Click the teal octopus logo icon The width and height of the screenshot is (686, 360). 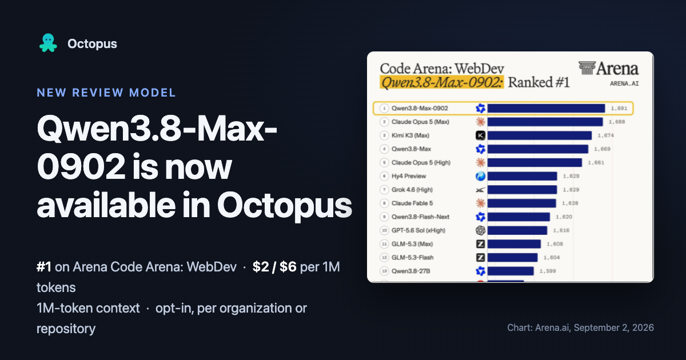tap(48, 43)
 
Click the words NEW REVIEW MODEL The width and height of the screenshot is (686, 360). tap(106, 93)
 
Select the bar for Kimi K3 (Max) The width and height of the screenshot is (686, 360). tap(540, 135)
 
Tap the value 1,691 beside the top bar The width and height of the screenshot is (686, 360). tap(619, 109)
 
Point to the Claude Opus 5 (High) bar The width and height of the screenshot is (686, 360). tap(535, 162)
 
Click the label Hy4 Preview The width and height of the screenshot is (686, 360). tap(409, 176)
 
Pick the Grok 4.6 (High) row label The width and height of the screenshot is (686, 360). tap(412, 190)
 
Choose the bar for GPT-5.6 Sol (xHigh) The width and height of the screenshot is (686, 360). tap(517, 230)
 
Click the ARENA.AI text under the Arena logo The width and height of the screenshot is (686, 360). tap(624, 83)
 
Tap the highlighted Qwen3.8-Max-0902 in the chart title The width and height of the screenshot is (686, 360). tap(441, 82)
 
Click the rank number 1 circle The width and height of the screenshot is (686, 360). tap(384, 109)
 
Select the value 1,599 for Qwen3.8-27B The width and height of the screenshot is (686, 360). tap(548, 271)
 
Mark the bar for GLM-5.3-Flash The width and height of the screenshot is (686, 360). tap(513, 258)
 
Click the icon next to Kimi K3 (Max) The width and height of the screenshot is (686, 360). tap(480, 135)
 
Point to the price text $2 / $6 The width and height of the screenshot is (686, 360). tap(274, 267)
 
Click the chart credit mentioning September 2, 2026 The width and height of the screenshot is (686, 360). tap(580, 327)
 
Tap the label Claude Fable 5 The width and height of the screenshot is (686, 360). tap(412, 203)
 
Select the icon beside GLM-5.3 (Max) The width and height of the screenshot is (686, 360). tap(480, 244)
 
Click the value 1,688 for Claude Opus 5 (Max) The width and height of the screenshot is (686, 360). tap(617, 122)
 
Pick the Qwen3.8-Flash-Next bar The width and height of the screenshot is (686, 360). tap(519, 217)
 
